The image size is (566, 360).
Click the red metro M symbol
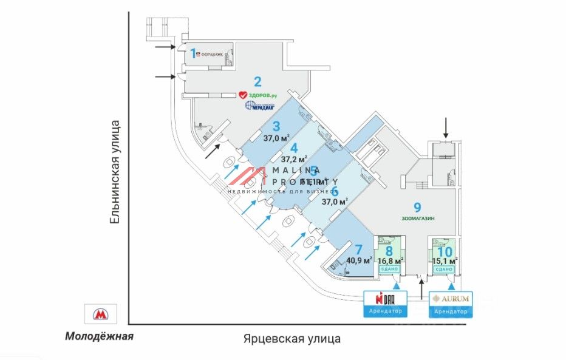tap(99, 314)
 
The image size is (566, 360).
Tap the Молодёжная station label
tap(99, 336)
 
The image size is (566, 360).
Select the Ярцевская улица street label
tap(292, 338)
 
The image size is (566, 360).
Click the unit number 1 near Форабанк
tap(194, 53)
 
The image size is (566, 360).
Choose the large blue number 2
tap(257, 82)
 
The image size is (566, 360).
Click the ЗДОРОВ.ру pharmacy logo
tap(257, 95)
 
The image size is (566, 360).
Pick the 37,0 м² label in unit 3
tap(276, 138)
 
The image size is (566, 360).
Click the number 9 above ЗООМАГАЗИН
tap(417, 206)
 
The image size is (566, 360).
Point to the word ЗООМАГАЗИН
tap(418, 218)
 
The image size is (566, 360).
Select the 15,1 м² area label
tap(445, 262)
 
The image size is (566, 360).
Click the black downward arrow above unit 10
tap(446, 127)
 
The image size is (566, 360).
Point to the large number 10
tap(445, 251)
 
